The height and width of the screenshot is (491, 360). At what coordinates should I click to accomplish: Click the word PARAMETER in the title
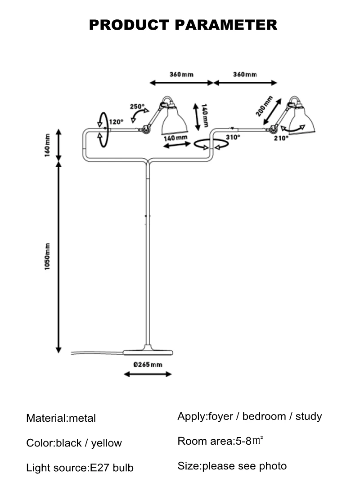[226, 25]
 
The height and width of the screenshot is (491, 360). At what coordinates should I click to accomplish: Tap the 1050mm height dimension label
[47, 256]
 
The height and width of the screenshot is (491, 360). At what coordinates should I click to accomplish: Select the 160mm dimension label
[47, 145]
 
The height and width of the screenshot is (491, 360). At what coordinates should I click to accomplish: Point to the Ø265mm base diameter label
[148, 365]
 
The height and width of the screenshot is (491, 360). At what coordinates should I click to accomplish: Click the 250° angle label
[137, 107]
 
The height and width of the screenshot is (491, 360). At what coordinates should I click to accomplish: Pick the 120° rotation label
[116, 122]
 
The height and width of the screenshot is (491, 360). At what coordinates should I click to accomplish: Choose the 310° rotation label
[233, 137]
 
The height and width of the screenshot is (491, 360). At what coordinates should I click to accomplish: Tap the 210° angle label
[281, 138]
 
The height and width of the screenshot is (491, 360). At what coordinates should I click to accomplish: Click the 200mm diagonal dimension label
[264, 106]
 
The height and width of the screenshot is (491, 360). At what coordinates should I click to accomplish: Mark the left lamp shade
[174, 121]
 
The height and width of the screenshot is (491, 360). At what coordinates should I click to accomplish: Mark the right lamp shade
[301, 121]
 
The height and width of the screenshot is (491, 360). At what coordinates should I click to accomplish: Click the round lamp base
[148, 351]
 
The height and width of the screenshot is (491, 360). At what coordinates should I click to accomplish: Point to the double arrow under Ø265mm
[148, 374]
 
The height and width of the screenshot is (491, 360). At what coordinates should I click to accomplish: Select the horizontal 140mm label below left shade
[175, 138]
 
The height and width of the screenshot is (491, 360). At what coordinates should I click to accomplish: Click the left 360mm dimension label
[182, 75]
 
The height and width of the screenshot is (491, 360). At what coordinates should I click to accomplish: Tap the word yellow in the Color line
[106, 443]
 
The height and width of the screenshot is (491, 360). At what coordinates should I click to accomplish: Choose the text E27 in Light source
[99, 468]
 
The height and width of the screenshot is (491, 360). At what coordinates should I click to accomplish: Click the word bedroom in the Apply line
[264, 416]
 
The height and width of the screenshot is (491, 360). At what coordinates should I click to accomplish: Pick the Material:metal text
[61, 418]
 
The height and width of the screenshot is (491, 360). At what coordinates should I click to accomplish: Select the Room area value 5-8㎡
[249, 441]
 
